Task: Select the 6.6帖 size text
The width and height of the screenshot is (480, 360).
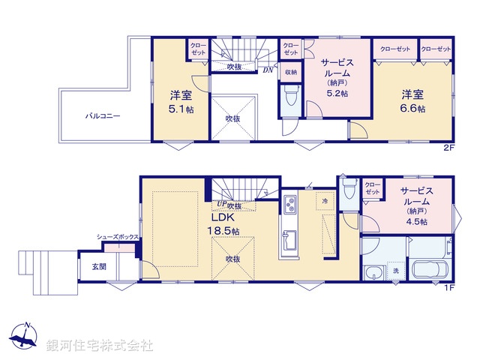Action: coord(412,108)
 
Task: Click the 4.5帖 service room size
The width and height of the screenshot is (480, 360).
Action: coord(413,222)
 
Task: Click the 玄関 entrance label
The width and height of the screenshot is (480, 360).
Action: coord(98,266)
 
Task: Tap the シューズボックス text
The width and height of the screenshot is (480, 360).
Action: coord(117,238)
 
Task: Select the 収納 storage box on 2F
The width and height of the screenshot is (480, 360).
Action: coord(290,72)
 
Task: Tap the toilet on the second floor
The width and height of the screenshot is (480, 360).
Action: coord(291,96)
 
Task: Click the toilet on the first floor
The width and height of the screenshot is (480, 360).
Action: coord(349,192)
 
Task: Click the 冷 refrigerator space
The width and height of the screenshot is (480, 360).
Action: coord(324,201)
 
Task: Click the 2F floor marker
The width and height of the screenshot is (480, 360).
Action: coord(448,148)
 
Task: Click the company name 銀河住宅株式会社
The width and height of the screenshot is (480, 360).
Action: coord(99,346)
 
